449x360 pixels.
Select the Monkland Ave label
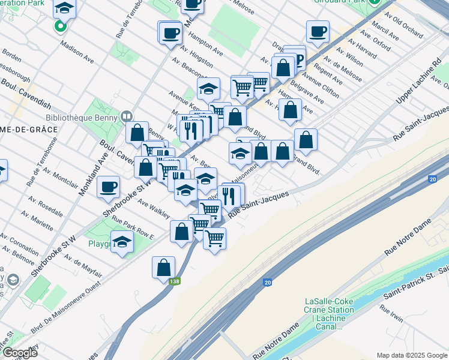click(x=88, y=174)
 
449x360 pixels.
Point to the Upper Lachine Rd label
click(x=418, y=81)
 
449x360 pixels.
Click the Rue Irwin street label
click(x=391, y=314)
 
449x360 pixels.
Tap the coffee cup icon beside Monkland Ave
click(x=108, y=187)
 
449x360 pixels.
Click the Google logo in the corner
click(x=19, y=353)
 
